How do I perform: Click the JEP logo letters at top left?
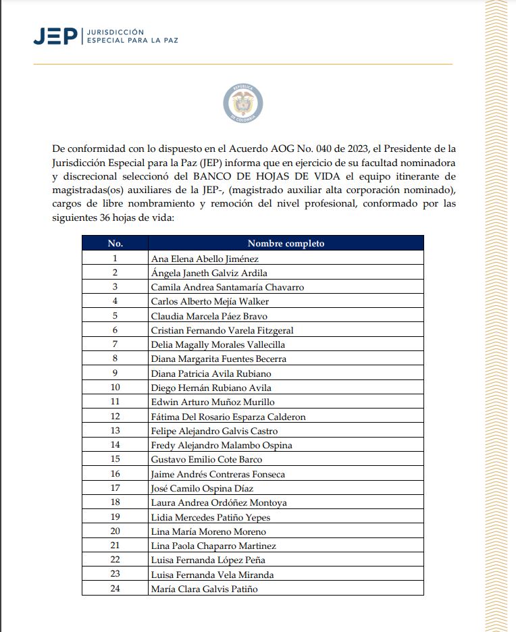tap(55, 36)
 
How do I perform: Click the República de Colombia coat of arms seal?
tap(242, 104)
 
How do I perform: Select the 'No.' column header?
tap(115, 243)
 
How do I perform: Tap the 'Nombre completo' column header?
tap(286, 243)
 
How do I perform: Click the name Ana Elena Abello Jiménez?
tap(205, 258)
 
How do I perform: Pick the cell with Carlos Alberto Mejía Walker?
tap(200, 301)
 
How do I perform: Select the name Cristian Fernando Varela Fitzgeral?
tap(222, 330)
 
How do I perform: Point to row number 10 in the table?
tap(115, 388)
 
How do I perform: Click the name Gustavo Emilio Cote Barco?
tap(207, 460)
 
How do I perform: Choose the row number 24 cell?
tap(115, 589)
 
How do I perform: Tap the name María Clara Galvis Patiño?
tap(205, 589)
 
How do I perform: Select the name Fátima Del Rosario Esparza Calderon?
tap(228, 417)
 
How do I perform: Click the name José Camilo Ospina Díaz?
tap(202, 488)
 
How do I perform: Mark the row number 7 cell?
tap(115, 344)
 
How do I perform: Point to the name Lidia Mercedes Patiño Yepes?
tap(211, 517)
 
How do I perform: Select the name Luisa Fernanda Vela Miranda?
tap(212, 575)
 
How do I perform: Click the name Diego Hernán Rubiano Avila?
tap(211, 388)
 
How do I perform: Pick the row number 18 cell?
tap(115, 502)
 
